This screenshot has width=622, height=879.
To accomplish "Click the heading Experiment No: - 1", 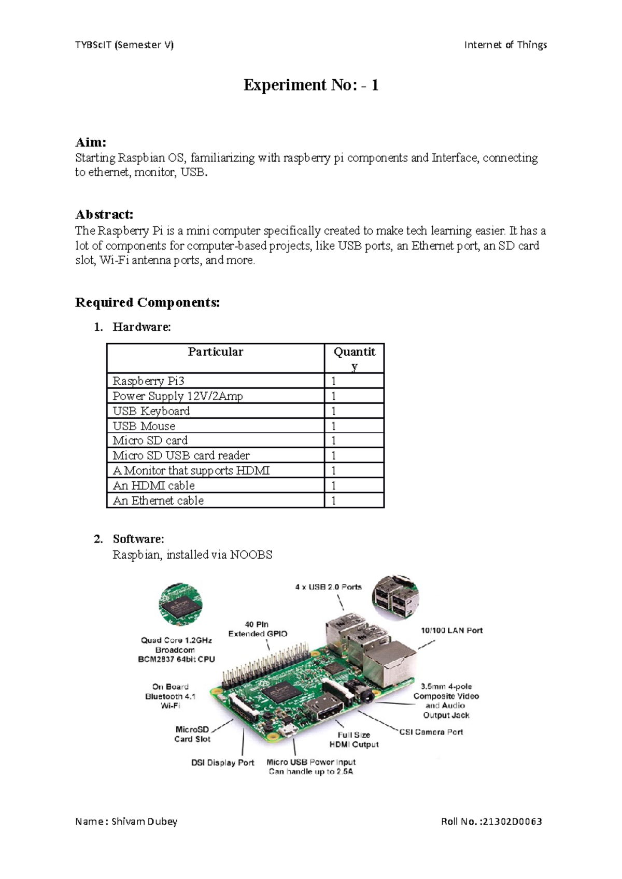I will (x=311, y=85).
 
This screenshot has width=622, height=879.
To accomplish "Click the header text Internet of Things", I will (x=505, y=45).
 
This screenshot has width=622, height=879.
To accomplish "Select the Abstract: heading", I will (x=104, y=214).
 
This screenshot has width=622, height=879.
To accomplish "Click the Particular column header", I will (x=215, y=352).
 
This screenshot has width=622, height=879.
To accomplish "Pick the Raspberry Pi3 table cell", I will (x=148, y=381).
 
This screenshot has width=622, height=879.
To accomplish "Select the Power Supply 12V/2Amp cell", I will (x=177, y=396).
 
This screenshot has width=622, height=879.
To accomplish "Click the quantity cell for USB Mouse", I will (x=354, y=426).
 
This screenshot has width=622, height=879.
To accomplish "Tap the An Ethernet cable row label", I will (x=158, y=501).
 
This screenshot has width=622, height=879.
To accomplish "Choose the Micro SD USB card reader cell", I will (x=181, y=456).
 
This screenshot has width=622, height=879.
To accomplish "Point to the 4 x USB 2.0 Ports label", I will (x=328, y=587).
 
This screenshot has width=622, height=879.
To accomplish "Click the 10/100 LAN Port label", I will (x=451, y=631).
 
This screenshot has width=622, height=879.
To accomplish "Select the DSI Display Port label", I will (x=222, y=763).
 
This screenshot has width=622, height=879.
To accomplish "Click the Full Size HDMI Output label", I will (x=354, y=739).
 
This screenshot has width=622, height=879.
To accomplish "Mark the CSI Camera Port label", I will (x=431, y=732).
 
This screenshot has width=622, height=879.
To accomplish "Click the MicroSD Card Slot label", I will (x=192, y=734).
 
